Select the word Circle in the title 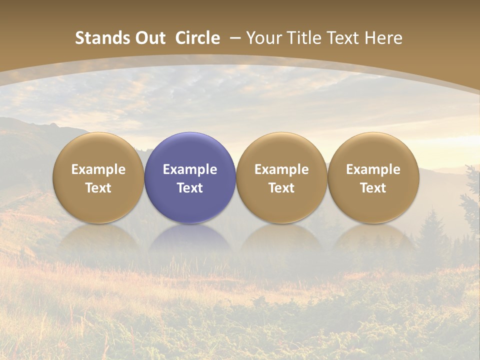[197, 38]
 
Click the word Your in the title [262, 38]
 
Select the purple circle [190, 177]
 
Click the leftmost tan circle [98, 177]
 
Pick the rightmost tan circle [373, 177]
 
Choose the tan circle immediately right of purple [281, 177]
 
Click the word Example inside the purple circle [190, 169]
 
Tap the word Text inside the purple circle [190, 188]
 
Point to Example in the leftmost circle [98, 169]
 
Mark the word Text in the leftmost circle [98, 188]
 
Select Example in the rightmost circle [373, 169]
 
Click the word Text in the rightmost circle [373, 188]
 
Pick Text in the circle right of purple [281, 188]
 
